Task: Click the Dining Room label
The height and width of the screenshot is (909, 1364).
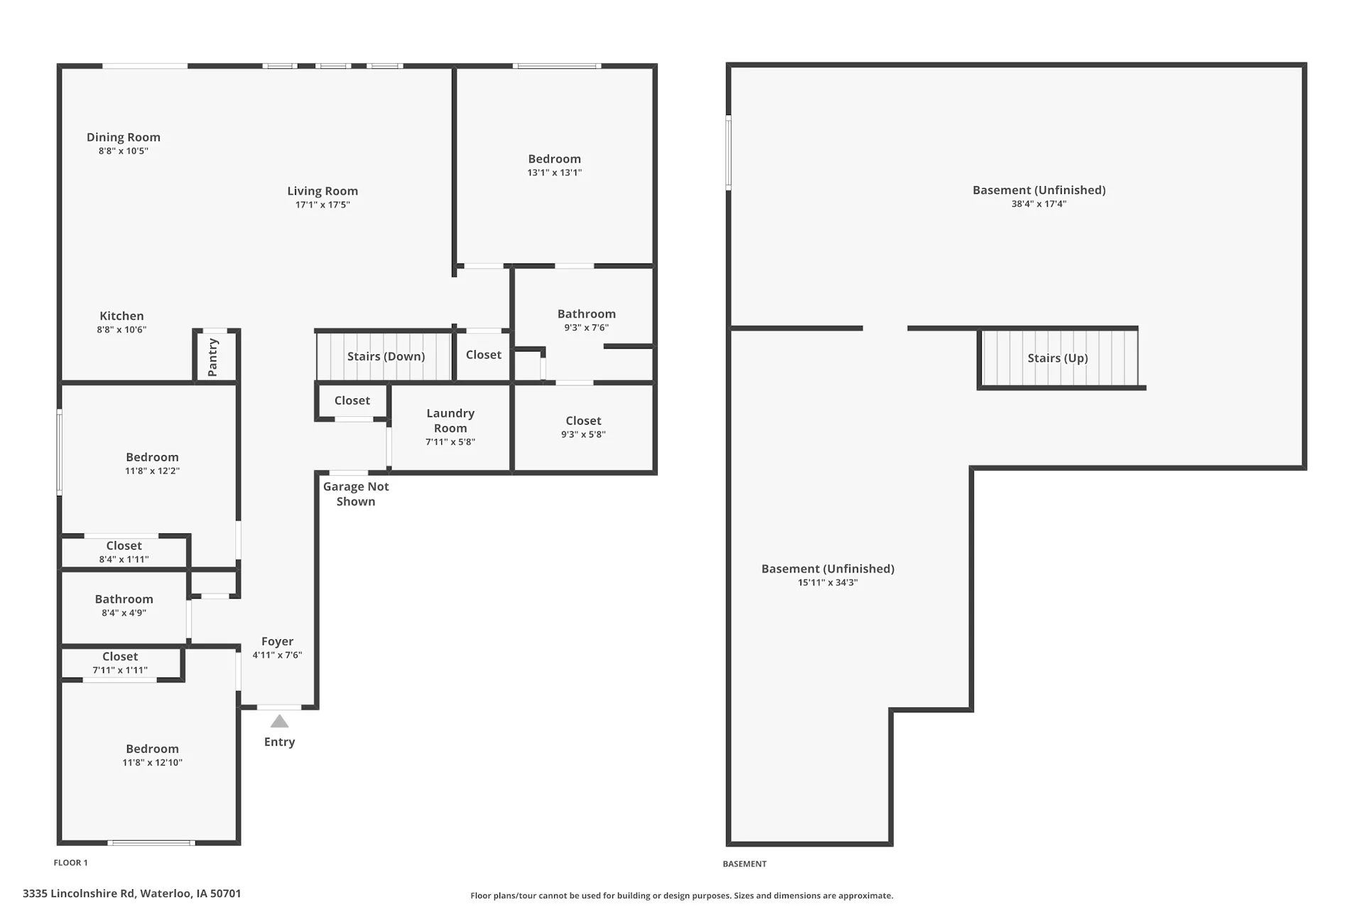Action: [x=124, y=137]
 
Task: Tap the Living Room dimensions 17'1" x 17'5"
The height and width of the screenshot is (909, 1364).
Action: [x=323, y=205]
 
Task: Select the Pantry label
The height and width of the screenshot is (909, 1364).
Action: [x=212, y=357]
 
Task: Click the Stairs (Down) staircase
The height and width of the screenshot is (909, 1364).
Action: [x=384, y=356]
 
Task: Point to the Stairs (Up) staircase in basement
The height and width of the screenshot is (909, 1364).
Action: [x=1059, y=357]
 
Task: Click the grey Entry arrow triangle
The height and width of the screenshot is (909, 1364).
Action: [x=279, y=722]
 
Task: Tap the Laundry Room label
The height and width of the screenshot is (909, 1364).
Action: [x=450, y=420]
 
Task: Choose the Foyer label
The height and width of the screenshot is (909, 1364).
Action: [x=277, y=641]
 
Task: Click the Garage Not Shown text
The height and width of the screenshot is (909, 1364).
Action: [x=356, y=494]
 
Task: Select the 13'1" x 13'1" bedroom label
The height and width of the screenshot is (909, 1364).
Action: [x=554, y=165]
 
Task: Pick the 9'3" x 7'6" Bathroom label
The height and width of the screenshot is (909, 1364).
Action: [x=586, y=320]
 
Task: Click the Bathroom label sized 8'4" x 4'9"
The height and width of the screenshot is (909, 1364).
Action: [x=124, y=605]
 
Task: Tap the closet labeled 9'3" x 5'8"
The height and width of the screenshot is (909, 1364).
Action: [x=583, y=427]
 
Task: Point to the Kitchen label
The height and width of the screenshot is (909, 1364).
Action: [x=121, y=322]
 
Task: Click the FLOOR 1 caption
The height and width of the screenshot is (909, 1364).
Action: [x=71, y=863]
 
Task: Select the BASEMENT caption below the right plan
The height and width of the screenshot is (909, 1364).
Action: [x=745, y=864]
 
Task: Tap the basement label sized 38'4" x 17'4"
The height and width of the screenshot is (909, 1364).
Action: [x=1039, y=196]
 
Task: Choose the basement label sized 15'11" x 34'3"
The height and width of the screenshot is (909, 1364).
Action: [x=828, y=575]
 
